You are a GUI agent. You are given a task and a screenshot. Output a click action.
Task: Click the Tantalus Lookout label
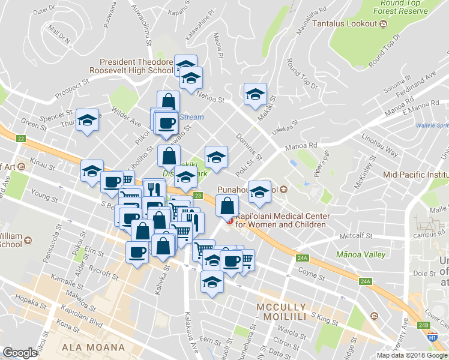point(407,23)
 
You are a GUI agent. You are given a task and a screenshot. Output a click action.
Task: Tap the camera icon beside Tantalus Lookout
point(383,23)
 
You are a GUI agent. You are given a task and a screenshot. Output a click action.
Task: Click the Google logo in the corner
point(19,353)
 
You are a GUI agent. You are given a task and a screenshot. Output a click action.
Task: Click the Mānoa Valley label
point(360,254)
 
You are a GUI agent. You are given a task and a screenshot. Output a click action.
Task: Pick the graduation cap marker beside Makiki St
point(255,94)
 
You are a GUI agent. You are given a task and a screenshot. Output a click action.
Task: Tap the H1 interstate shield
point(432,338)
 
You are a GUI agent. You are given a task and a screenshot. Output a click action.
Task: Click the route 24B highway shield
point(424,325)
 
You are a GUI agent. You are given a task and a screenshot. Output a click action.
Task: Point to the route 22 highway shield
point(22,139)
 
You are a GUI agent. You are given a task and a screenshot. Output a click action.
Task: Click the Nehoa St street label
point(211,99)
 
